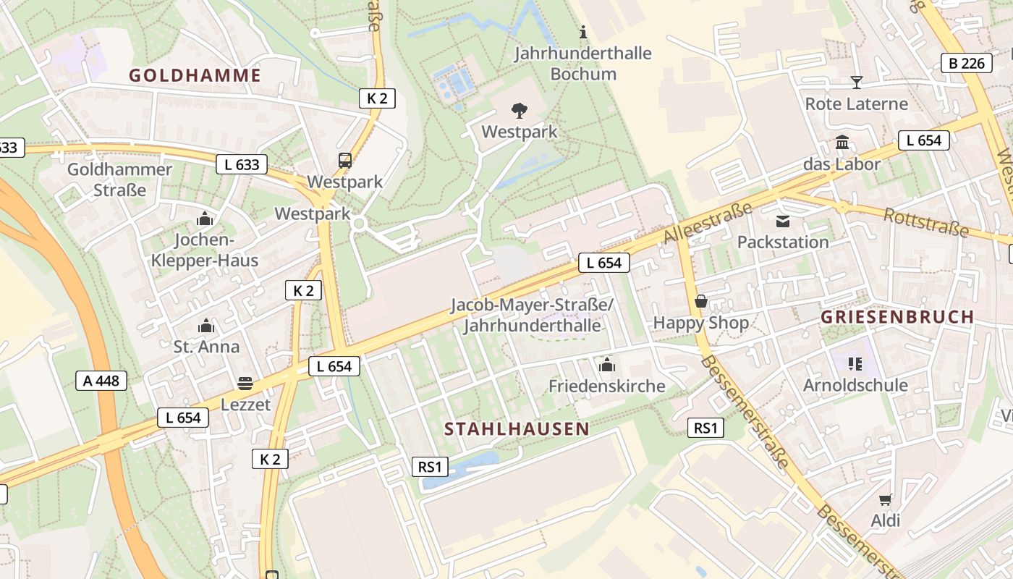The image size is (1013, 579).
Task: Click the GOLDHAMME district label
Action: tap(195, 75)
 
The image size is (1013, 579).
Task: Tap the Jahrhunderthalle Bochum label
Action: tap(583, 64)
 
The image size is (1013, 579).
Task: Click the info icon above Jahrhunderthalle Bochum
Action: tap(584, 32)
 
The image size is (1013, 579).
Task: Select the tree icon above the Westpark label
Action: tap(519, 111)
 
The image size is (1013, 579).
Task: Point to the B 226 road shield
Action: tap(967, 64)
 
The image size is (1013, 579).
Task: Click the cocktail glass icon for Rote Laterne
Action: tap(857, 82)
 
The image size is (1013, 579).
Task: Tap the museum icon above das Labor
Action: tap(842, 143)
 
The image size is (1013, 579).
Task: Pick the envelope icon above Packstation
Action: tap(783, 221)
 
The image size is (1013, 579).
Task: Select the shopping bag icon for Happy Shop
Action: tap(700, 301)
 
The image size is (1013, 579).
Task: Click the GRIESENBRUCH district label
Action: tap(897, 317)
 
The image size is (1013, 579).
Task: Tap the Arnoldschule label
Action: tap(855, 385)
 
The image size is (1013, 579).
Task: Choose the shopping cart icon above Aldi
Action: tap(885, 499)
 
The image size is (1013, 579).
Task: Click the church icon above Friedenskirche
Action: tap(606, 364)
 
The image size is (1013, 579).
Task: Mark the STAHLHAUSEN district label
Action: tap(517, 428)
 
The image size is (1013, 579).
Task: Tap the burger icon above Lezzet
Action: tap(245, 383)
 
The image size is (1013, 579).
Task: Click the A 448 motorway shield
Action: tap(101, 381)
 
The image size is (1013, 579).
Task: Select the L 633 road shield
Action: tap(242, 164)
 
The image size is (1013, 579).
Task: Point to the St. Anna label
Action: tap(206, 347)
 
